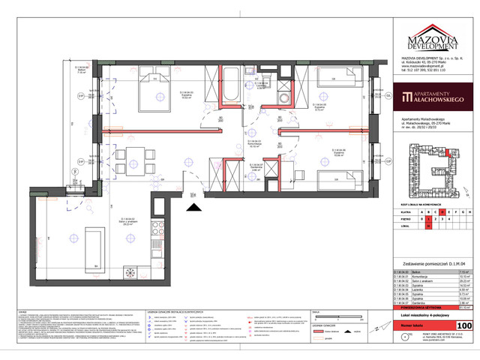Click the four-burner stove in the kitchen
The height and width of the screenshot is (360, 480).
coord(158,229)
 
